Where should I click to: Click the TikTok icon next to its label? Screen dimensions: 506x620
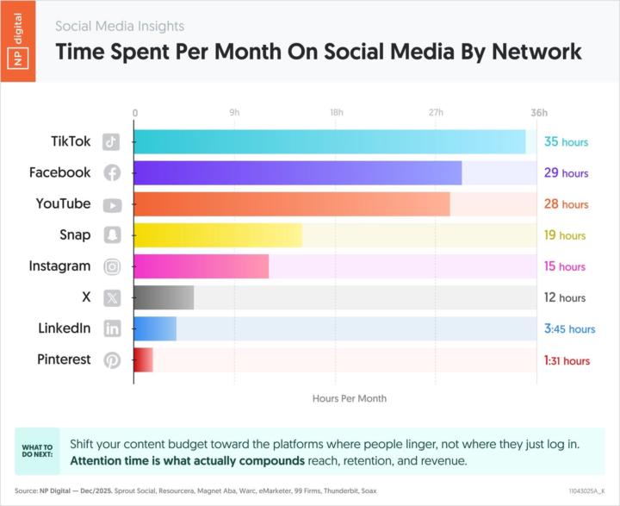[112, 141]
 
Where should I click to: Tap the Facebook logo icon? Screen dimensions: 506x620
[112, 172]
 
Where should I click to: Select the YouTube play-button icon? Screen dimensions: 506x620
[112, 204]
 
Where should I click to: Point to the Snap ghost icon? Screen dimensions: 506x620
[112, 235]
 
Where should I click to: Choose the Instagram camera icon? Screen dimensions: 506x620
[112, 266]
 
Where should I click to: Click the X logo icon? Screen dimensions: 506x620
[112, 297]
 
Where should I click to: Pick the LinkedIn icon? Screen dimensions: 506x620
[112, 328]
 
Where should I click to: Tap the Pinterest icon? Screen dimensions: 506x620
[112, 359]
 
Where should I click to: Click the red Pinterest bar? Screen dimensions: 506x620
[143, 359]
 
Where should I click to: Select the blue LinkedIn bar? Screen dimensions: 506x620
[154, 328]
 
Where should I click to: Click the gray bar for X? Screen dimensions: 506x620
[164, 297]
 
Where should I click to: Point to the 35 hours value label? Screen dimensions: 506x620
[566, 142]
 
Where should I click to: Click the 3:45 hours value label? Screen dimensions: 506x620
[569, 328]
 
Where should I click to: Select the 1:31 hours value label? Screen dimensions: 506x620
[567, 360]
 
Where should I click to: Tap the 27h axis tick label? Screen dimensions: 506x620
[436, 113]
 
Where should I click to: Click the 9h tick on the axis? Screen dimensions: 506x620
[234, 113]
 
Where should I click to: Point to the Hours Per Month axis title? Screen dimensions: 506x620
[349, 398]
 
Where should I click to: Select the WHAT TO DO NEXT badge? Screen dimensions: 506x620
[37, 451]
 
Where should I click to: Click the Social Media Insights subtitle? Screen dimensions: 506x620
[120, 26]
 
